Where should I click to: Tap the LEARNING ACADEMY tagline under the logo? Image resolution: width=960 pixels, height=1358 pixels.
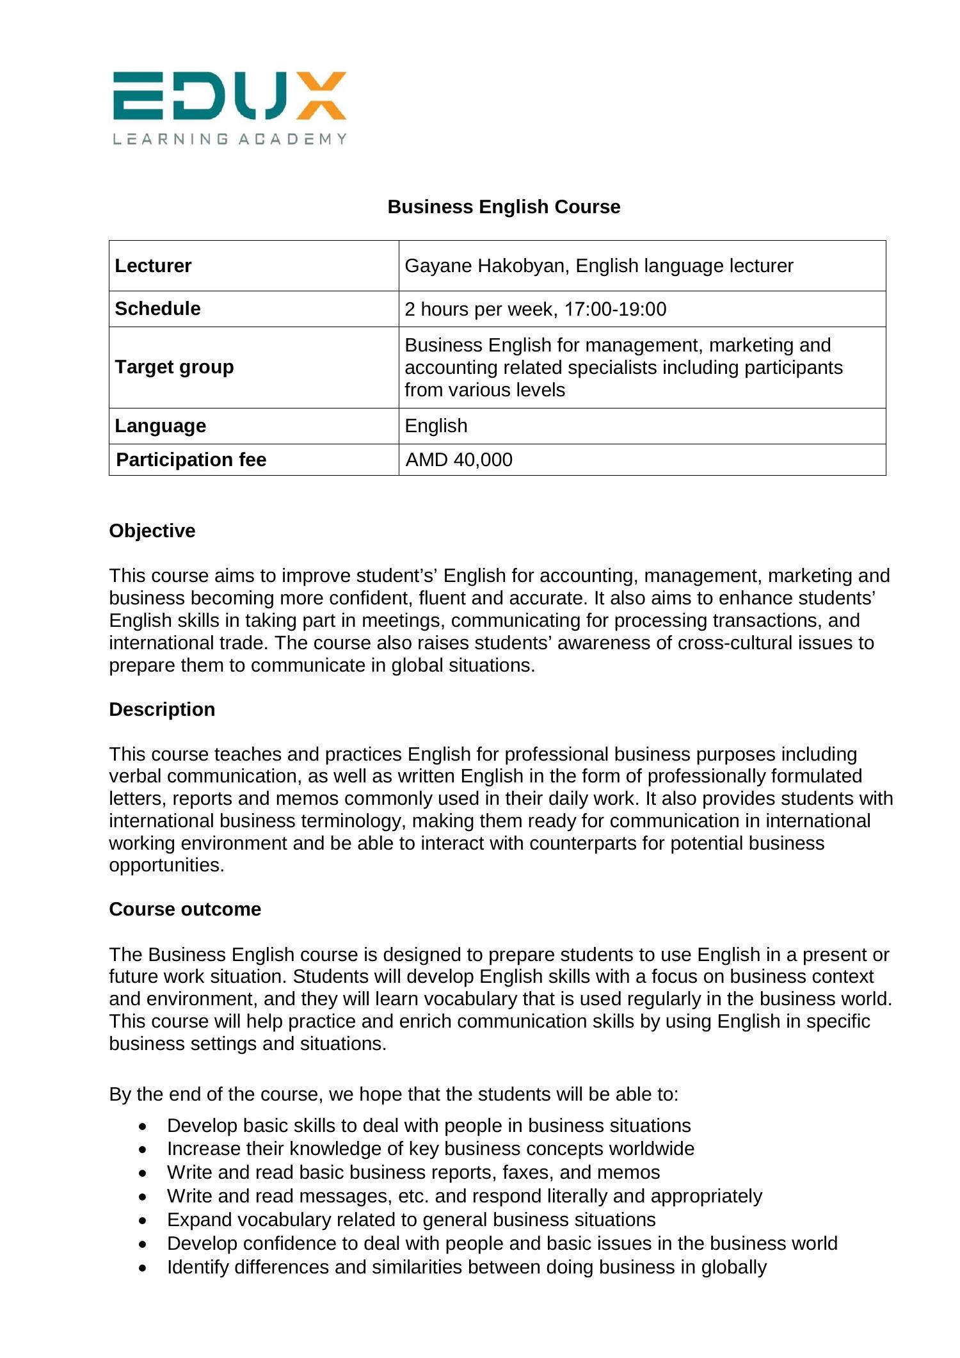(230, 139)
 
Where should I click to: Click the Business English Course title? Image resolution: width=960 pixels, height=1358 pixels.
(504, 207)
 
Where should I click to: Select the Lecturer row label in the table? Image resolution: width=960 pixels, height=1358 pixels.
(153, 266)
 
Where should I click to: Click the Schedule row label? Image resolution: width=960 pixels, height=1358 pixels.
(157, 309)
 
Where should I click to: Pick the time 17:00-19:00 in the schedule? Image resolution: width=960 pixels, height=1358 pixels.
(615, 309)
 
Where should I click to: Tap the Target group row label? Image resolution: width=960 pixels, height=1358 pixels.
(174, 367)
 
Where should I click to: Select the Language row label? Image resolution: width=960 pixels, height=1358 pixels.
(160, 426)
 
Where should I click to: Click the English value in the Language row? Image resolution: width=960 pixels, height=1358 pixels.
(436, 426)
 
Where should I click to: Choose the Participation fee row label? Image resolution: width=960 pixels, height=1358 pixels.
(191, 460)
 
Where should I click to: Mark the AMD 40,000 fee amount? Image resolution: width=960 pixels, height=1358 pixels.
(459, 460)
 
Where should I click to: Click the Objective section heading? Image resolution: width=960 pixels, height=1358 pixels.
(152, 531)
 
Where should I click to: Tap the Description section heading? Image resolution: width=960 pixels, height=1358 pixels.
(162, 709)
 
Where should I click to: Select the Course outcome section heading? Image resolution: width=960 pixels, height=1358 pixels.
(185, 909)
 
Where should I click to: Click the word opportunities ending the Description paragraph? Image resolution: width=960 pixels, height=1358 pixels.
(166, 866)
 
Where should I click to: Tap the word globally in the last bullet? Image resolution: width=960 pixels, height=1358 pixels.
(733, 1267)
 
